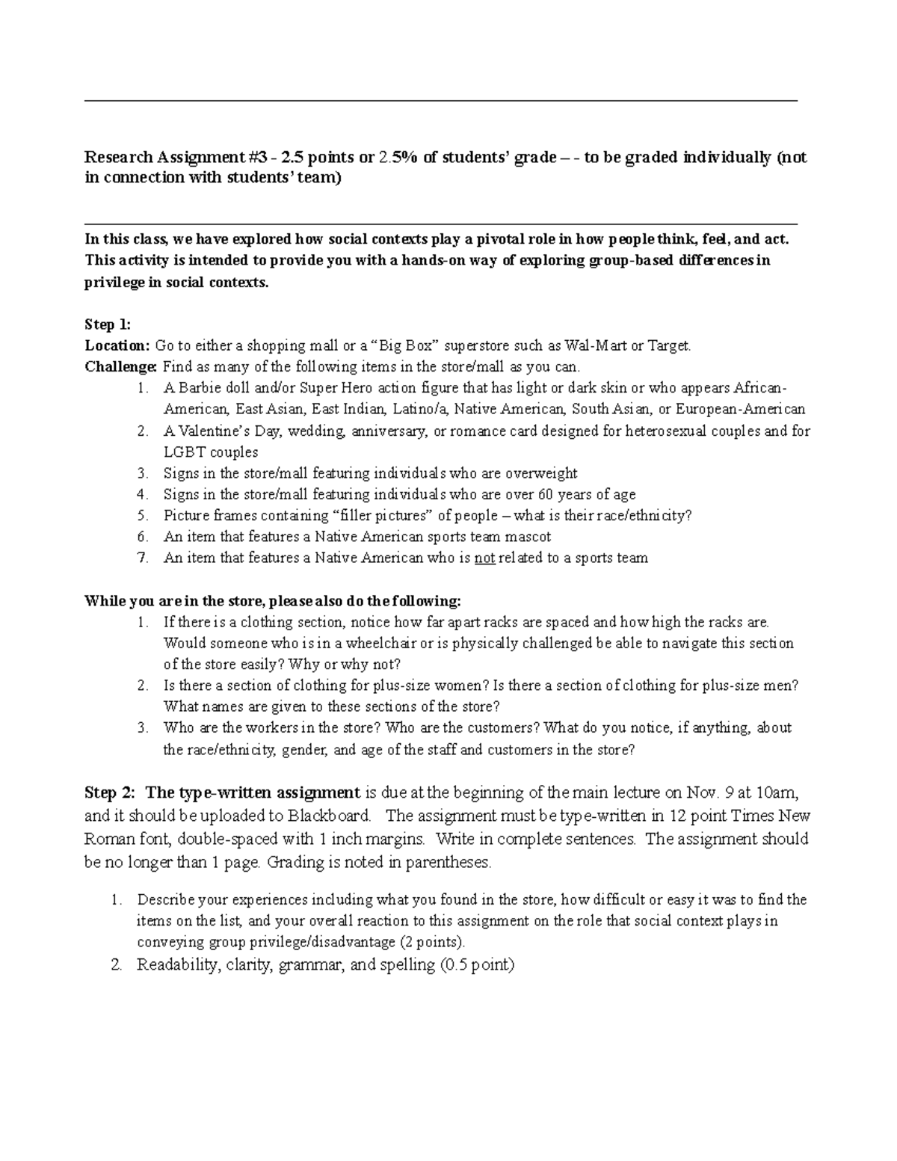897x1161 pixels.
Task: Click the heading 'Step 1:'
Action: [x=108, y=324]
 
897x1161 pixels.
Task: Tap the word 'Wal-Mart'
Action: [x=597, y=345]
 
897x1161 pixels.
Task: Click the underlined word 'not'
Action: [x=484, y=558]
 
